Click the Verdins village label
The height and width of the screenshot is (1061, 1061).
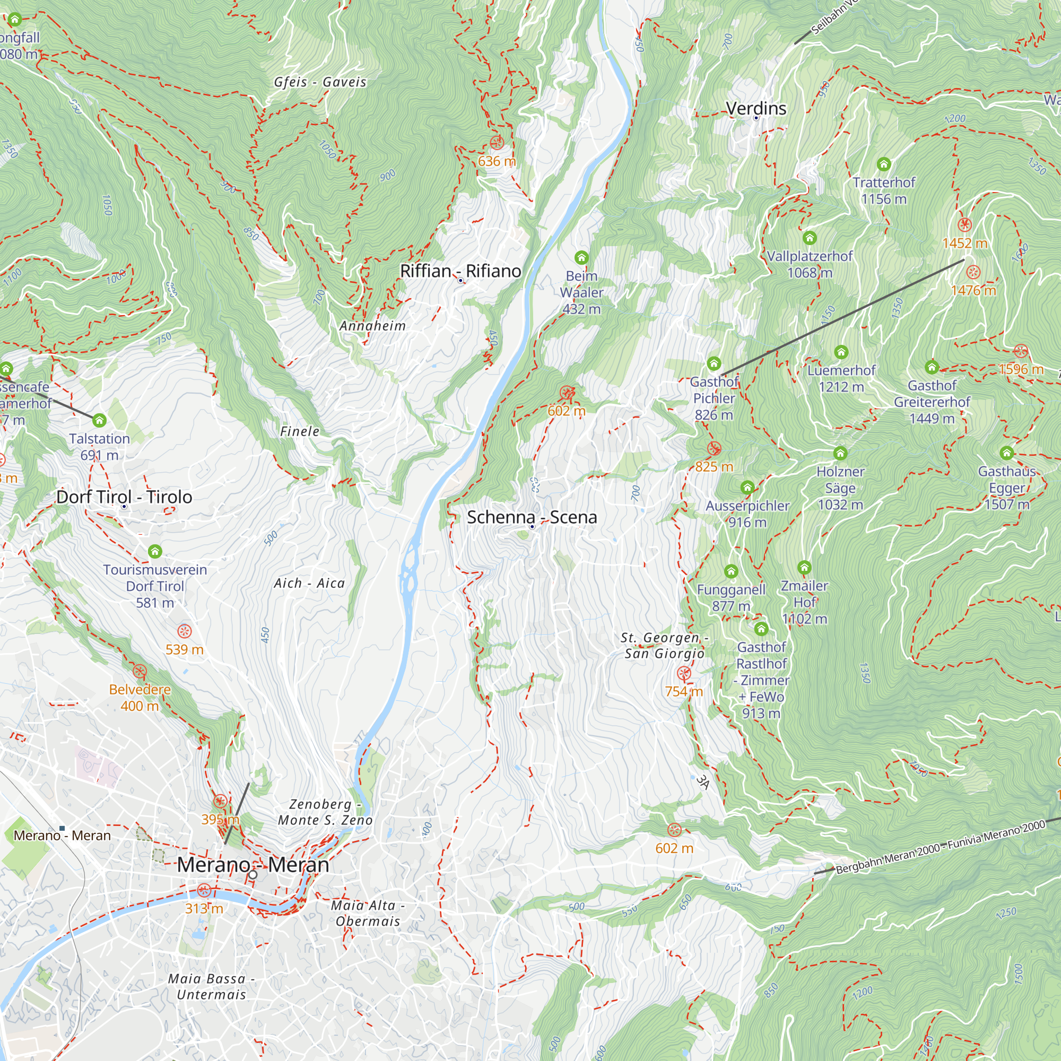[x=755, y=108]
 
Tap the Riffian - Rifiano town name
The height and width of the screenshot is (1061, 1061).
[x=460, y=271]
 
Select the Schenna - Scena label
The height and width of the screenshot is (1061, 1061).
[x=532, y=517]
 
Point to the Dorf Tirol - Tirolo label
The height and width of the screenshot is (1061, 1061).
[x=124, y=497]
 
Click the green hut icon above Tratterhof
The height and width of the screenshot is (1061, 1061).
[x=884, y=164]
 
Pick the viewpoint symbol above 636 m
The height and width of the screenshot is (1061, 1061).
[x=497, y=143]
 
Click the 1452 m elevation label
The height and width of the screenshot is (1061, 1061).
[x=964, y=243]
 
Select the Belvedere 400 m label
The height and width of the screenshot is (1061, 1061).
[x=140, y=698]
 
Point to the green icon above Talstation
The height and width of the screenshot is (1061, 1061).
[x=99, y=421]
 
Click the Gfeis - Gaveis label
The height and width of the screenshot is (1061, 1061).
[x=320, y=82]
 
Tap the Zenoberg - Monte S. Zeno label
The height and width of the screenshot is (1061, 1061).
[x=325, y=812]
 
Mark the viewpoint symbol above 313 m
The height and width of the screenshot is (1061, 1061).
[x=204, y=890]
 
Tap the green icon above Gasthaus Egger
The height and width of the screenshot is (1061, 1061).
[x=1007, y=453]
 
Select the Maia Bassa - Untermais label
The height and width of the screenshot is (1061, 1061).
[x=212, y=986]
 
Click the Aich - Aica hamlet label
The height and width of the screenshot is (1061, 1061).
[x=310, y=583]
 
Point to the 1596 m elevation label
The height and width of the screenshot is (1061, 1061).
[x=1021, y=369]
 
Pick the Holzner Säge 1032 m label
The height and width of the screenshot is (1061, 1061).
[x=840, y=488]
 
